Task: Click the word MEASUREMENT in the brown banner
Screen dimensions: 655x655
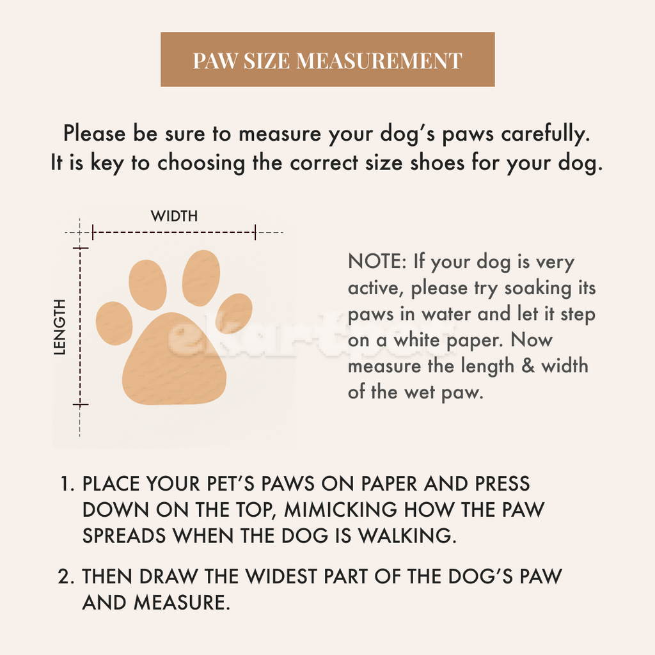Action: click(x=379, y=61)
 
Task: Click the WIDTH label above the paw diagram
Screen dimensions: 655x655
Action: click(x=174, y=216)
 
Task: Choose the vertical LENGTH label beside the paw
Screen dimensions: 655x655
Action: click(x=60, y=326)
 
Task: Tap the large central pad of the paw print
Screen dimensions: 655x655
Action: click(x=175, y=361)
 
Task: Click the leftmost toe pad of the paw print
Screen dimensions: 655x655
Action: click(x=114, y=323)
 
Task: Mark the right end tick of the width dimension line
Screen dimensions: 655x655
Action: click(x=255, y=232)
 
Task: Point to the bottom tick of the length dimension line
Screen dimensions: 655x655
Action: click(x=80, y=405)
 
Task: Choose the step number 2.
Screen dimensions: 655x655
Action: click(x=66, y=576)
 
